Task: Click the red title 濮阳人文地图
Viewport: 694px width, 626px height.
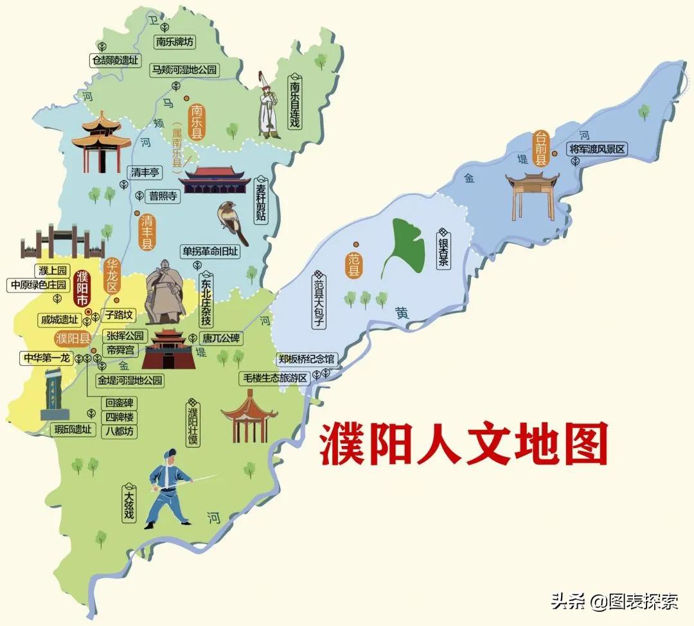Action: click(x=464, y=443)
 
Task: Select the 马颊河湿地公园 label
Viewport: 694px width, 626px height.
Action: click(x=184, y=70)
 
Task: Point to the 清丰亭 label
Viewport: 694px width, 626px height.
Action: click(x=146, y=172)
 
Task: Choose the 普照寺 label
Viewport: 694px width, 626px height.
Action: click(x=163, y=196)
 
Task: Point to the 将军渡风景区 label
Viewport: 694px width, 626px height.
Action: click(x=597, y=149)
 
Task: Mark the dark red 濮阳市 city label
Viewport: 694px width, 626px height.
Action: click(x=82, y=289)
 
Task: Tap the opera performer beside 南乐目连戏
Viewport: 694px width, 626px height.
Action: click(x=268, y=106)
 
